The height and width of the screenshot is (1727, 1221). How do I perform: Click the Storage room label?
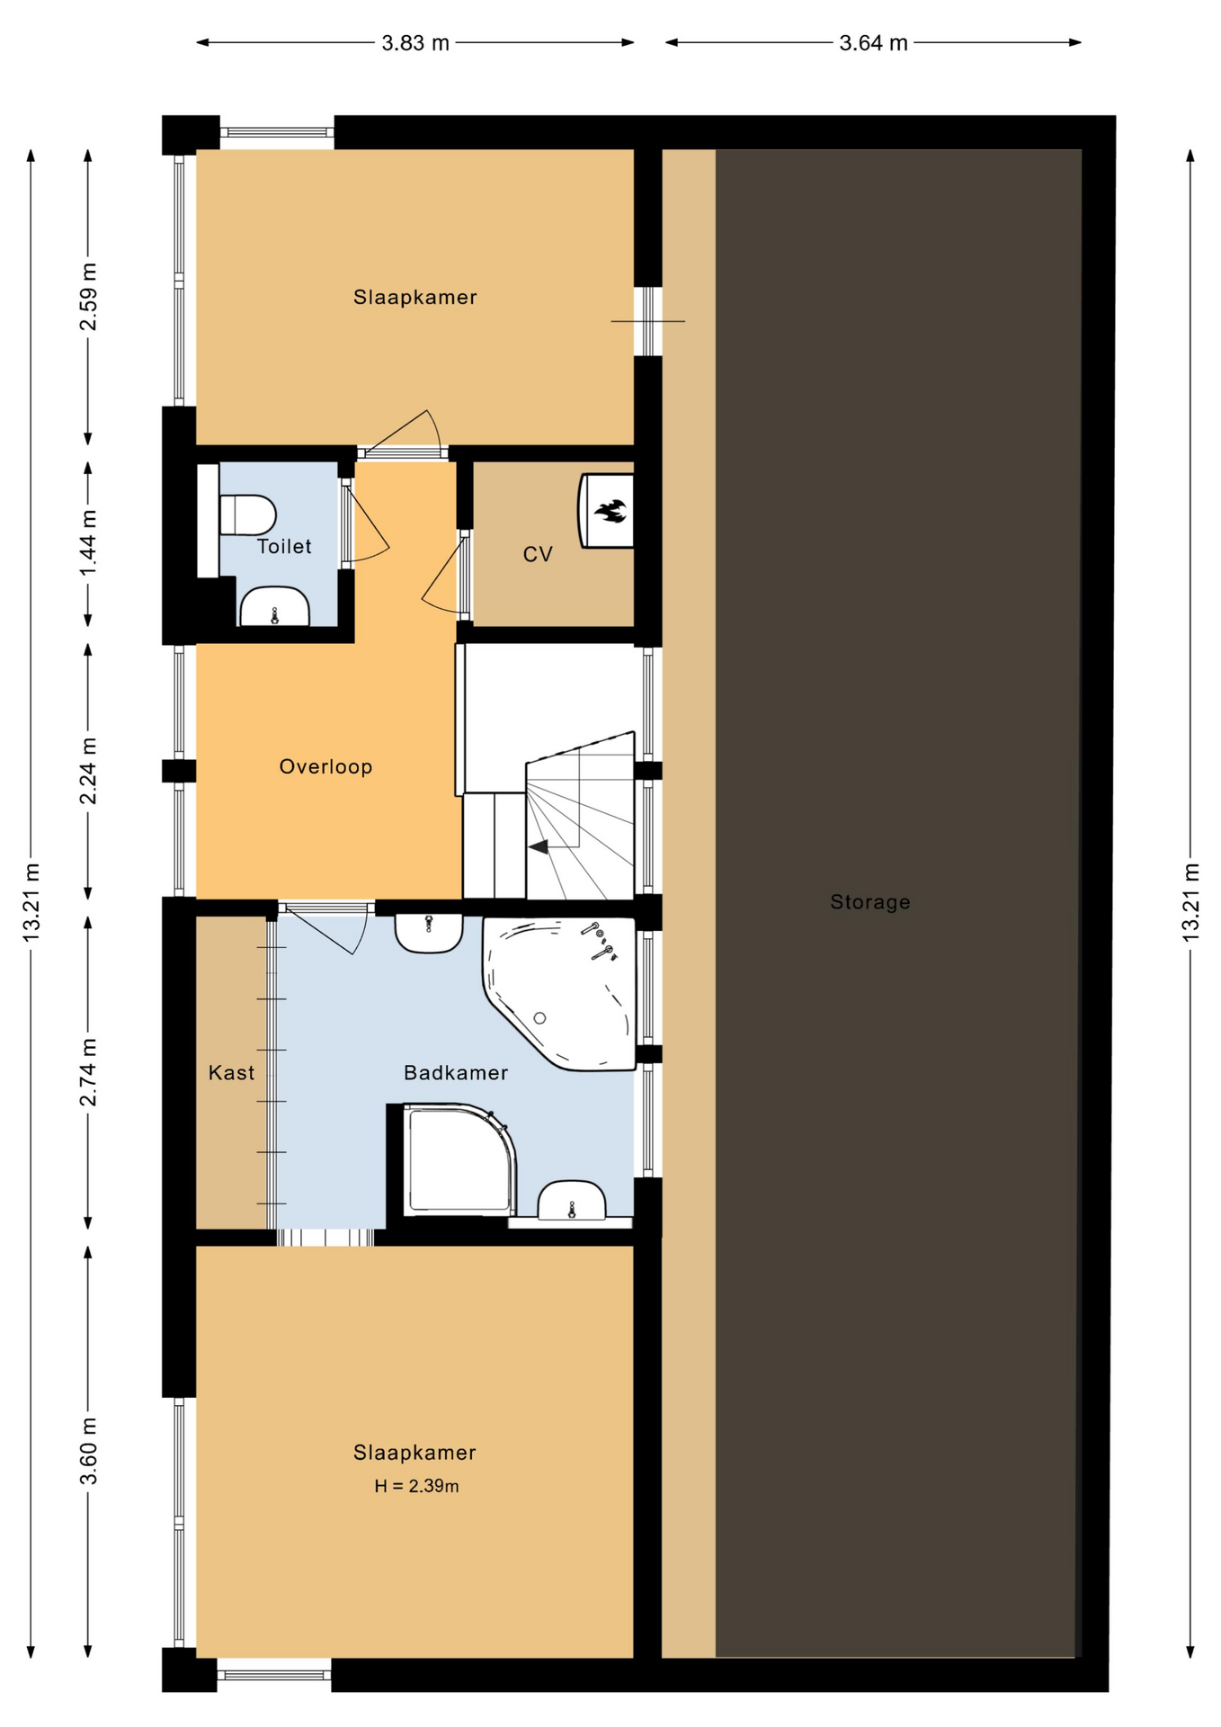coord(869,902)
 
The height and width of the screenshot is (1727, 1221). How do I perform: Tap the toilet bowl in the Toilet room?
coord(247,515)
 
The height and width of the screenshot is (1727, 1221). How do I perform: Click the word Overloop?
coord(325,766)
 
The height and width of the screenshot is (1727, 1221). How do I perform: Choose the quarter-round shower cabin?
coord(460,1159)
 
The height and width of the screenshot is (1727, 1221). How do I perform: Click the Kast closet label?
coord(231,1072)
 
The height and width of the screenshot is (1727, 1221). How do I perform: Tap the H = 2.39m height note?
coord(416,1486)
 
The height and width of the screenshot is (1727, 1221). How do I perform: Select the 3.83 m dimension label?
coord(415,43)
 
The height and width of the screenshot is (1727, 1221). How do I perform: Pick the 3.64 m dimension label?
coord(873,43)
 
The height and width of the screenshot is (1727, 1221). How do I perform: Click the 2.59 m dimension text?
coord(88,297)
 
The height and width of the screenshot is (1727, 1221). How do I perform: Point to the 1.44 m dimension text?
coord(88,545)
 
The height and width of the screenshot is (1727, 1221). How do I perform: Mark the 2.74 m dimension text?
coord(88,1072)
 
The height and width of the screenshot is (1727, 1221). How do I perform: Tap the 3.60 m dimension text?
coord(88,1453)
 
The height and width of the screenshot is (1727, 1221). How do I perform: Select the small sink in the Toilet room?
coord(274,606)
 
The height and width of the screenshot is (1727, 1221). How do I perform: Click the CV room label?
coord(538,555)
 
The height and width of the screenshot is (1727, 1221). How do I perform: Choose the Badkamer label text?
coord(456,1072)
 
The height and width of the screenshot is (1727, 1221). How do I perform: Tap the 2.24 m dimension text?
coord(88,771)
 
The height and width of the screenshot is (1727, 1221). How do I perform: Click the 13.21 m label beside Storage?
coord(1190,902)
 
